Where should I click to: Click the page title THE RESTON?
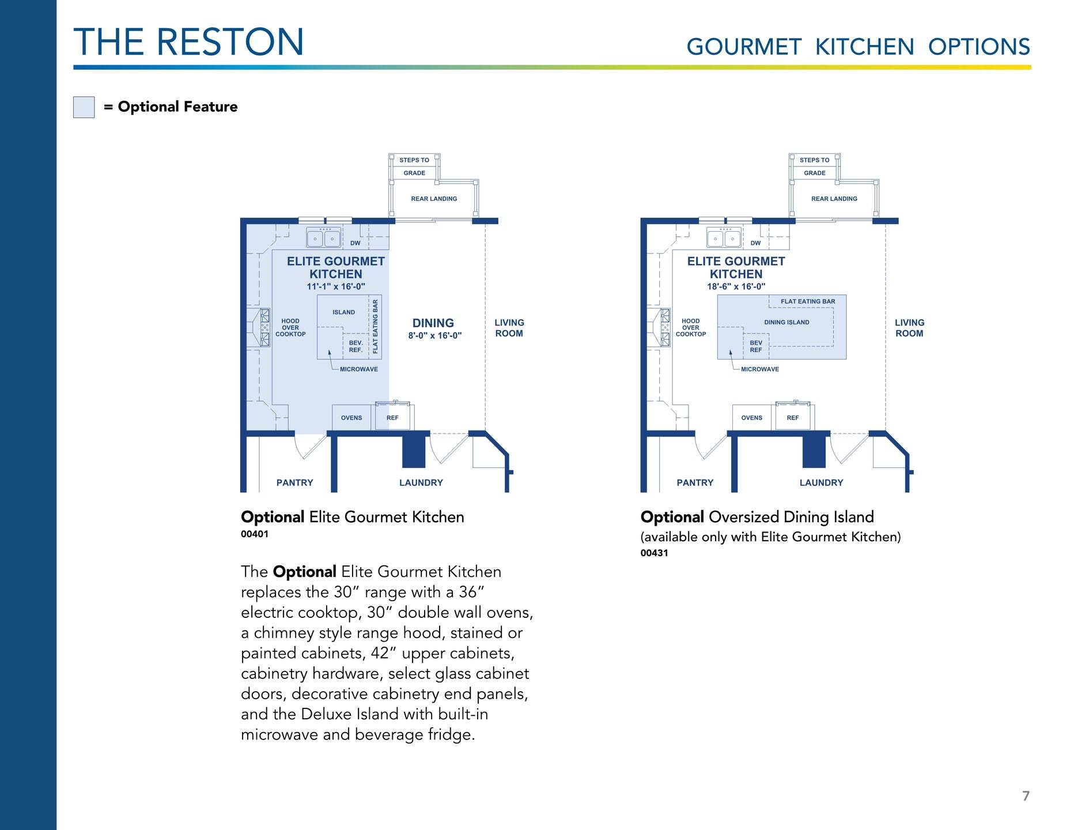[x=188, y=42]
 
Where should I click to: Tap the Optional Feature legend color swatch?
[x=84, y=107]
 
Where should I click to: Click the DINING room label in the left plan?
[x=433, y=323]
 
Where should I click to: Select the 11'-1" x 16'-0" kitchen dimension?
[x=336, y=286]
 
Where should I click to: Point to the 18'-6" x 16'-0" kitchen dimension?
[x=736, y=286]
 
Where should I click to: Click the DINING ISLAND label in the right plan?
[x=786, y=322]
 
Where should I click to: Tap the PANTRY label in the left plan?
[x=294, y=482]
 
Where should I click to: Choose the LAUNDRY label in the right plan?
[x=821, y=482]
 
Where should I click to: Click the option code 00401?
[x=255, y=534]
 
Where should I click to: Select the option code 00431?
[x=655, y=553]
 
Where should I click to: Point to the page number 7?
[x=1026, y=796]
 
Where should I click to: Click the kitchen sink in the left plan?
[x=323, y=237]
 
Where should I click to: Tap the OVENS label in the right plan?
[x=751, y=418]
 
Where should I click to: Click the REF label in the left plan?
[x=392, y=418]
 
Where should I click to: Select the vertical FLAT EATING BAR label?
[x=376, y=327]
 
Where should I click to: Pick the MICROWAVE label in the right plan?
[x=759, y=369]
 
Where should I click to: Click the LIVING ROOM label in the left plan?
[x=509, y=328]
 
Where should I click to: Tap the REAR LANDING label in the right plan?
[x=834, y=199]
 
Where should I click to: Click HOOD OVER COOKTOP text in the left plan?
[x=290, y=327]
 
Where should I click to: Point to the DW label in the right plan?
[x=755, y=243]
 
